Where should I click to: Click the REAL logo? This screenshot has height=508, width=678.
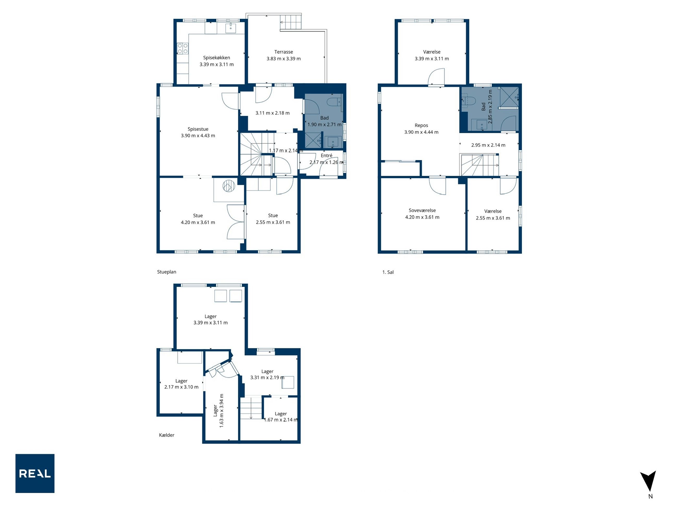tap(35, 473)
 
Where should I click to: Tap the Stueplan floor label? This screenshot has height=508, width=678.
tap(166, 272)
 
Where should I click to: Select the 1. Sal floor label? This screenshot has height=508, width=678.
tap(388, 272)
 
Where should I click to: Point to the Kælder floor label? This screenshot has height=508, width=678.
tap(166, 435)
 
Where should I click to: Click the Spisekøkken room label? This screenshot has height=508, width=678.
tap(216, 58)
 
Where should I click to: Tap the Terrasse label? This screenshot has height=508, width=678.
tap(283, 52)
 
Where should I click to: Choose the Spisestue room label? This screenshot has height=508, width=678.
tap(198, 129)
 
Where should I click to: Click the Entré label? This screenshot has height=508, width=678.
tap(326, 156)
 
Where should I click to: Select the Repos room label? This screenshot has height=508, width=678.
tap(421, 126)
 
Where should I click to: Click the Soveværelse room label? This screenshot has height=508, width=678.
tap(422, 210)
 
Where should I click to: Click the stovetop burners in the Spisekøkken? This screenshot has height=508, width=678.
tap(183, 49)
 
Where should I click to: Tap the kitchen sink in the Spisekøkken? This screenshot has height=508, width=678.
tap(231, 28)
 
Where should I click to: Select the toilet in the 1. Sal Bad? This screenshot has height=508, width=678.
tap(468, 101)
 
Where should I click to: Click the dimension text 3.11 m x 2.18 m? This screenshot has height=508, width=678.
tap(273, 113)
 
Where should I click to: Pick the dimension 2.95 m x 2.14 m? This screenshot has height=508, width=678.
tap(488, 145)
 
